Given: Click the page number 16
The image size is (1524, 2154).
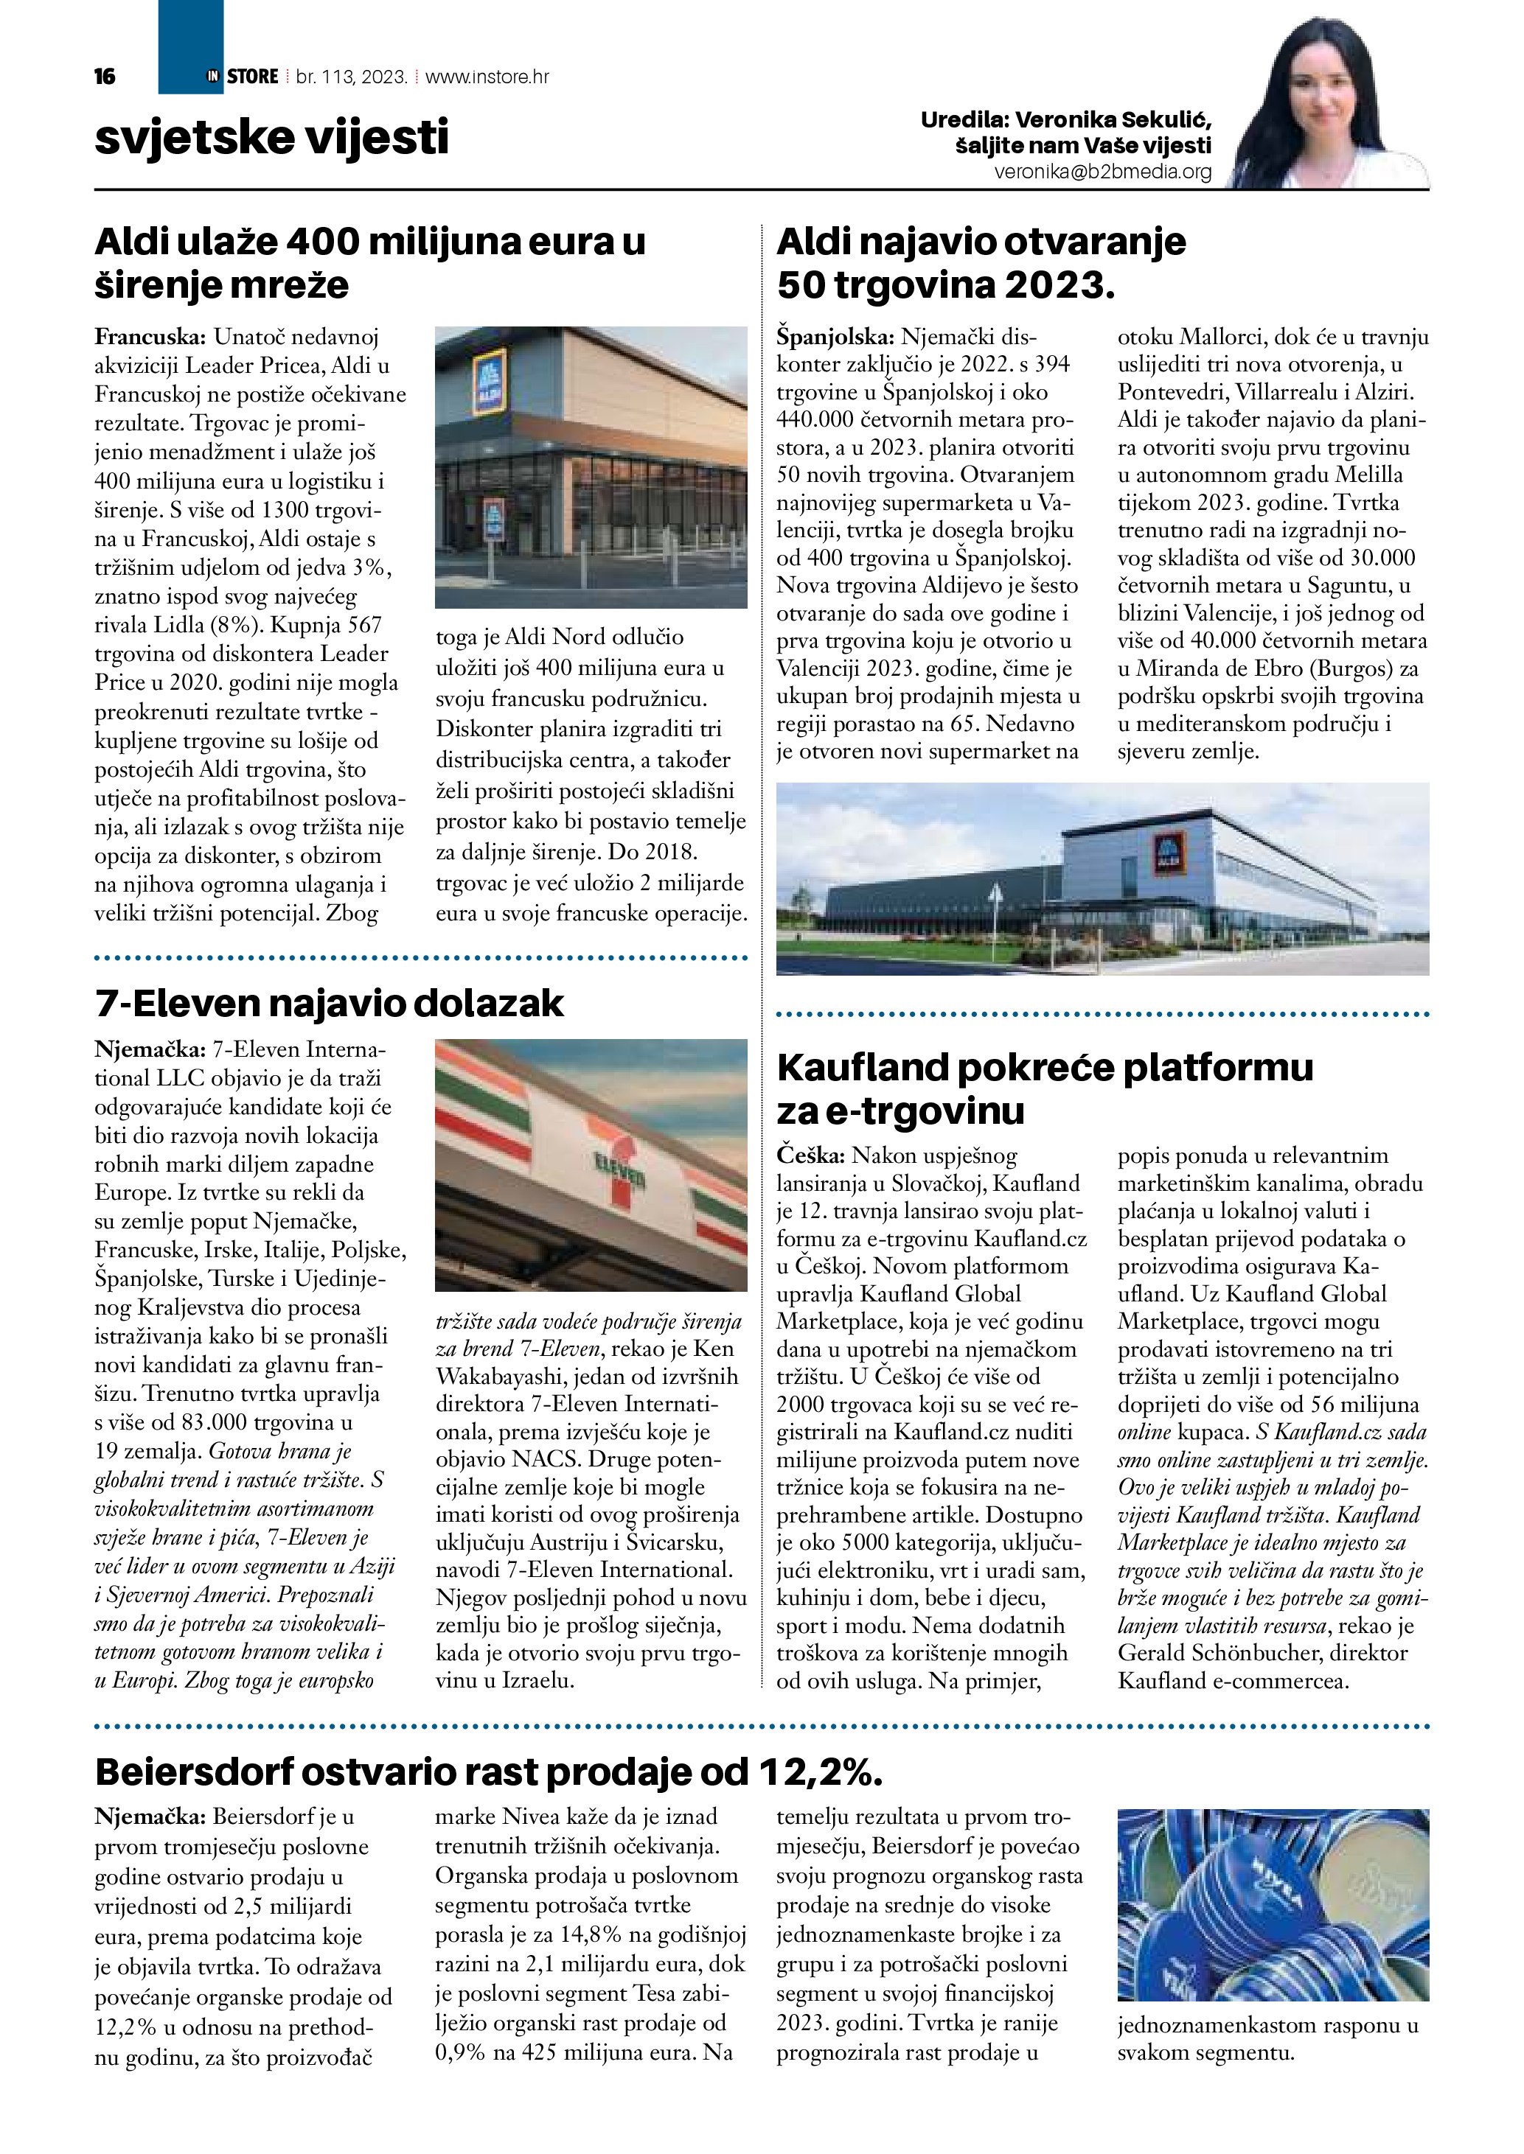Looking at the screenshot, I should click(x=105, y=77).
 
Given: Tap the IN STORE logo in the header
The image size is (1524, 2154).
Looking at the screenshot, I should click(x=242, y=77).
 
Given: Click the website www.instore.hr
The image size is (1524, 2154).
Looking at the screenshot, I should click(x=487, y=77).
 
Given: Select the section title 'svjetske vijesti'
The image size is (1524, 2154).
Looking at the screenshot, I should click(x=271, y=137).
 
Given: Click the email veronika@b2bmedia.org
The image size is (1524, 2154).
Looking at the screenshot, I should click(x=1103, y=172).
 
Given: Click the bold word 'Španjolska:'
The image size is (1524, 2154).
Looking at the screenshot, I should click(x=835, y=337).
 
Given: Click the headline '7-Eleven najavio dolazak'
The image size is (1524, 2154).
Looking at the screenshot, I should click(x=328, y=1003).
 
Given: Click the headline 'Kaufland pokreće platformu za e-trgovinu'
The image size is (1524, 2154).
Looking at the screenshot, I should click(x=1045, y=1088).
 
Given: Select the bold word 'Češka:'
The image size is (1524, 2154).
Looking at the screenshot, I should click(x=812, y=1155).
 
